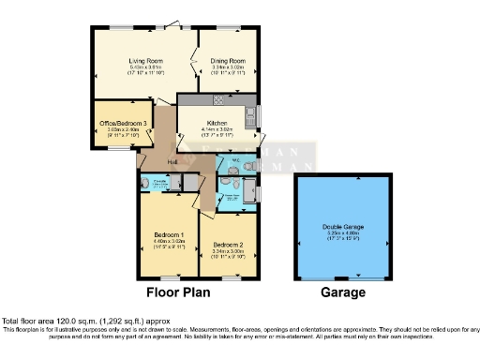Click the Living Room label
coord(145,60)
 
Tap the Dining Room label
coord(228,60)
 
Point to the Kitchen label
coord(217,123)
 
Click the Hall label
coord(172,162)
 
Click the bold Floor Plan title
coord(175,292)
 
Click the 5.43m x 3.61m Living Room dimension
coord(145,67)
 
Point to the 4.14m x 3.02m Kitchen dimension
coord(217,129)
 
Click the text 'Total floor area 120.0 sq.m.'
coord(47,322)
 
